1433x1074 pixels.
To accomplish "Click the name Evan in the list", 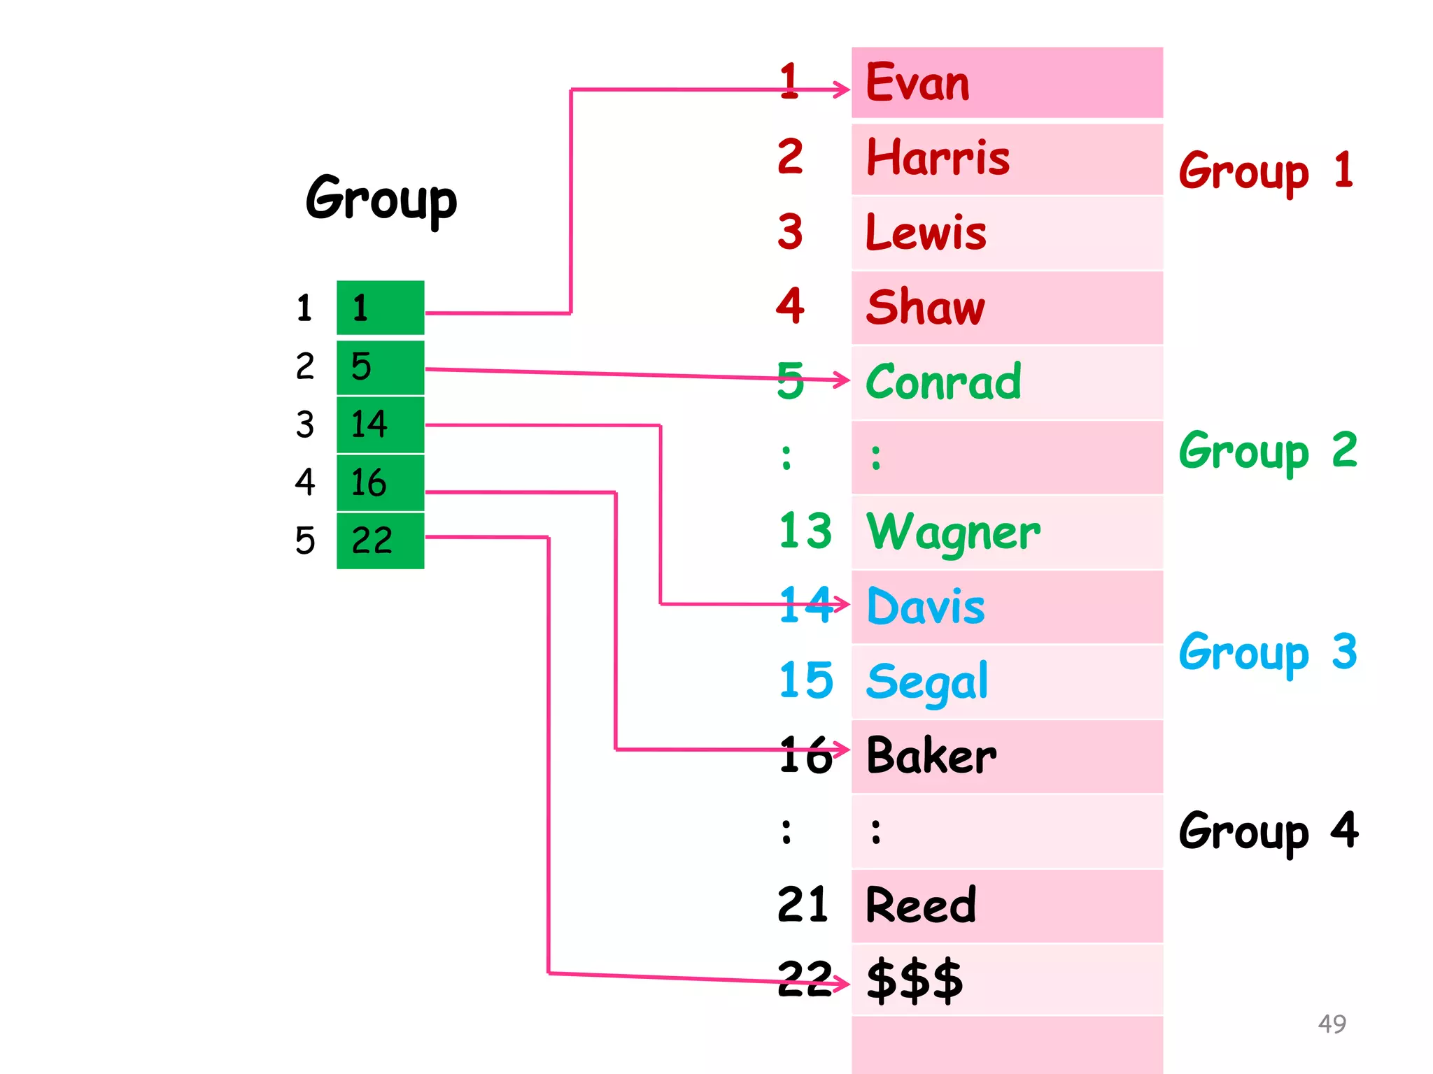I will [917, 83].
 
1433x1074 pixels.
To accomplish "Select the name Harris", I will [938, 158].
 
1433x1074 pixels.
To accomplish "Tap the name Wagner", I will [953, 533].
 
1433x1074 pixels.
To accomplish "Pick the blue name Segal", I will [927, 682].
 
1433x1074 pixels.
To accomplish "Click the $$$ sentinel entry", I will [915, 980].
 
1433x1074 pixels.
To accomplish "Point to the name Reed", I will [920, 905].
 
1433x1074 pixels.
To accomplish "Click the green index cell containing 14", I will [380, 424].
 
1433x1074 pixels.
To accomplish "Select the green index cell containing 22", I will [380, 540].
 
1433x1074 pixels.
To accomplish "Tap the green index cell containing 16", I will [380, 482].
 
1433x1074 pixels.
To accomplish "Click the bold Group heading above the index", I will [381, 200].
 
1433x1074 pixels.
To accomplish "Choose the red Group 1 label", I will [1266, 171].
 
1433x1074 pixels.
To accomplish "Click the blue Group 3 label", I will [1267, 652].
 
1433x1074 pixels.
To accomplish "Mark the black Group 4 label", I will [1267, 831].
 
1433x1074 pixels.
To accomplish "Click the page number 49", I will [1332, 1024].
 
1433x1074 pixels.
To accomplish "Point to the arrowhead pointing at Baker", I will [842, 750].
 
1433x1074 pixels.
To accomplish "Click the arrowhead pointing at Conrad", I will [842, 380].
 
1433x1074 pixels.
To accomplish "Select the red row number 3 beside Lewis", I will [790, 232].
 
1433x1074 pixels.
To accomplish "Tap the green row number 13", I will [805, 531].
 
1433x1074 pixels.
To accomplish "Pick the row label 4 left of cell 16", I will [305, 482].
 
